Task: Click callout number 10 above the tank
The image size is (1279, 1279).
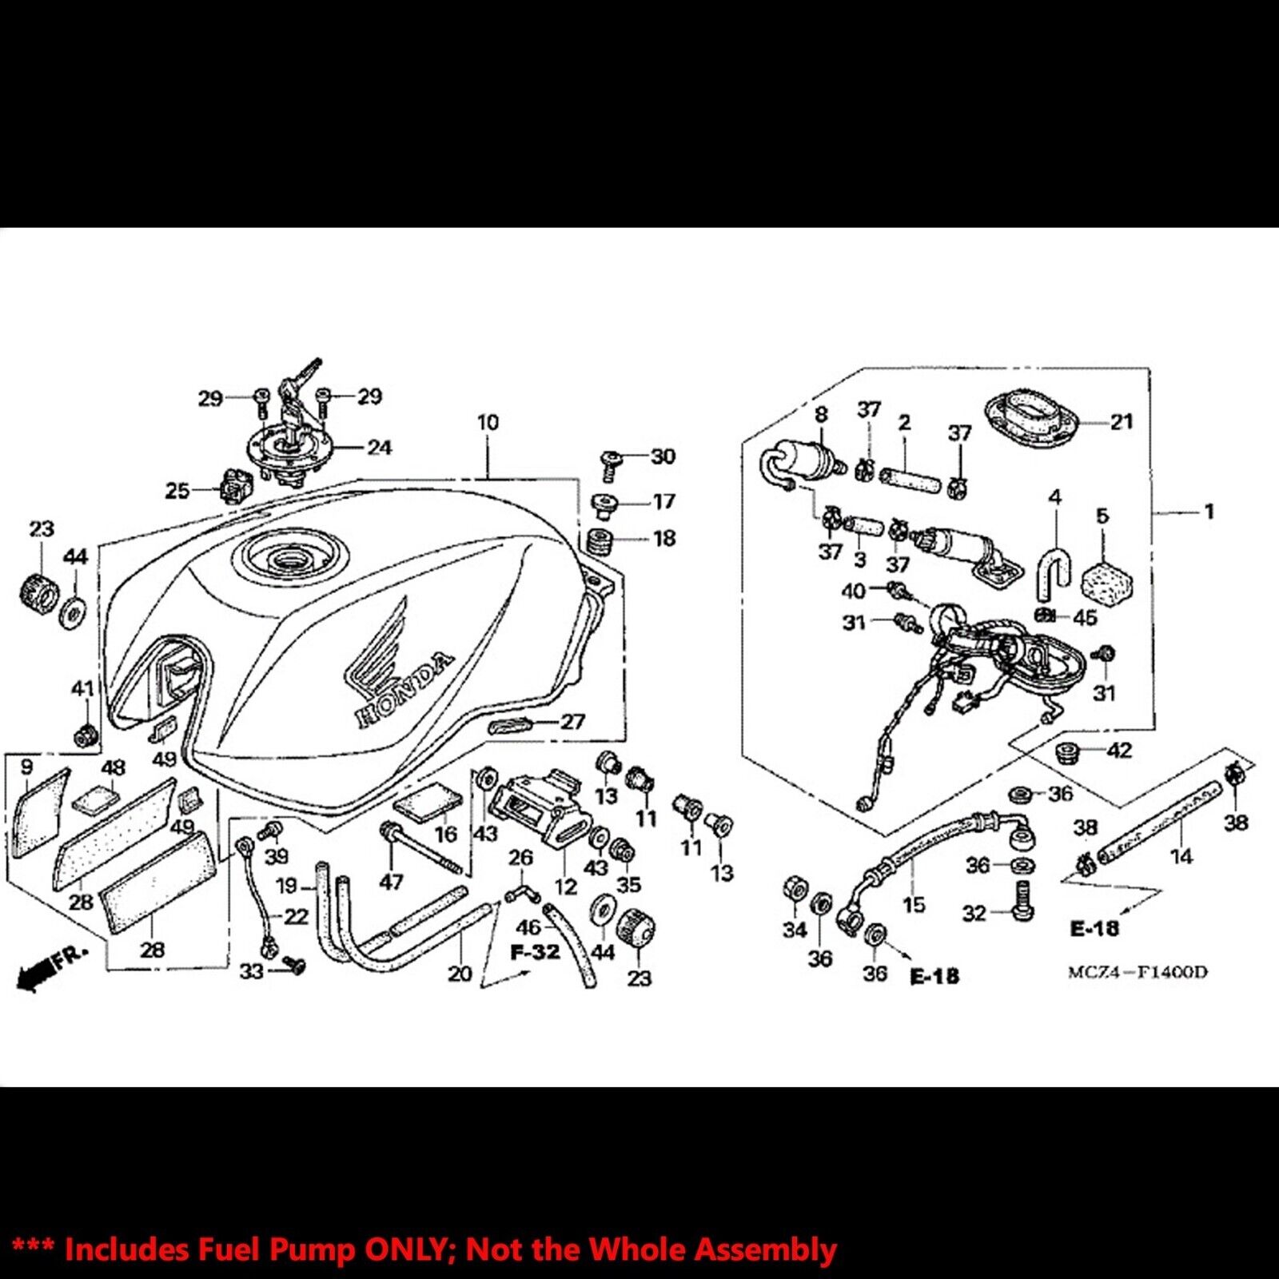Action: (x=488, y=422)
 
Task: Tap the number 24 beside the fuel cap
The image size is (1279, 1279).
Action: (x=379, y=448)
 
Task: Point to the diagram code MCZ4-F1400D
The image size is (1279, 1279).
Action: (x=1138, y=973)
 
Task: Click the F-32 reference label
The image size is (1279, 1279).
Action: (x=536, y=953)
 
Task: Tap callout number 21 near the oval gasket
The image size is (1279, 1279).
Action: (x=1122, y=421)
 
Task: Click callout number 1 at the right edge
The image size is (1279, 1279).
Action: (x=1209, y=511)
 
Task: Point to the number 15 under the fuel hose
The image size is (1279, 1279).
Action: (x=914, y=904)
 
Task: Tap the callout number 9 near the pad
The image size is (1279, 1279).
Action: (x=26, y=767)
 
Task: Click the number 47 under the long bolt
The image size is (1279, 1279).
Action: (x=391, y=882)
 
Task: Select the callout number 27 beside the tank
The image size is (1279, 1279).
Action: (x=572, y=722)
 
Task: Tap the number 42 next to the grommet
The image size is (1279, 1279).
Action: (x=1119, y=751)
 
